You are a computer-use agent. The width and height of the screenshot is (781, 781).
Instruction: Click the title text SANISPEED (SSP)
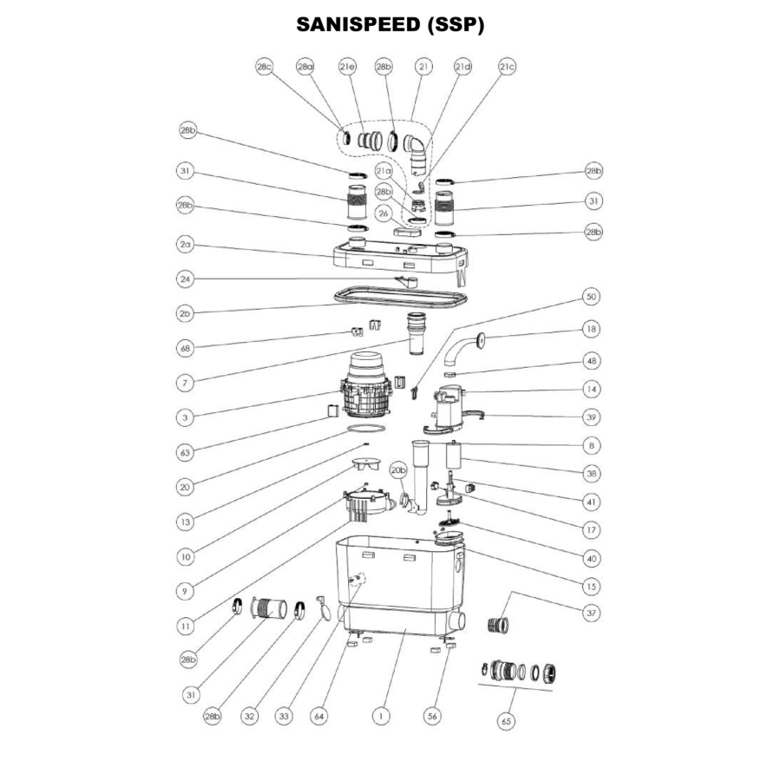pyautogui.click(x=390, y=24)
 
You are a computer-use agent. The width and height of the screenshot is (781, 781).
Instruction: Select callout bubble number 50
pyautogui.click(x=593, y=298)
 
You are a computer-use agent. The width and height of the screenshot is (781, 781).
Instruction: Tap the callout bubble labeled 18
pyautogui.click(x=593, y=330)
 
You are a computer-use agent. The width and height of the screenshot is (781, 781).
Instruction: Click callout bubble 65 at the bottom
pyautogui.click(x=505, y=719)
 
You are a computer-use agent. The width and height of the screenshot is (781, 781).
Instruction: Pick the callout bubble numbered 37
pyautogui.click(x=593, y=613)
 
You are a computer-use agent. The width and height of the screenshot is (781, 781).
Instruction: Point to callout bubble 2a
pyautogui.click(x=185, y=246)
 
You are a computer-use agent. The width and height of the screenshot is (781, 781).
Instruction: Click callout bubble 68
pyautogui.click(x=185, y=348)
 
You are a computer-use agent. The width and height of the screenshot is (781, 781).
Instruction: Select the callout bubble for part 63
pyautogui.click(x=185, y=451)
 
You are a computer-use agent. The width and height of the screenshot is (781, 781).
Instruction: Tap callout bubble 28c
pyautogui.click(x=265, y=66)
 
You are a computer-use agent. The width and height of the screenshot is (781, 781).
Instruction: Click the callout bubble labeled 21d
pyautogui.click(x=463, y=66)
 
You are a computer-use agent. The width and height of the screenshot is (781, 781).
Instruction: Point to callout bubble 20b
pyautogui.click(x=398, y=470)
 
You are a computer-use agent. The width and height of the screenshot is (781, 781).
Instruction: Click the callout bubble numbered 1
pyautogui.click(x=379, y=717)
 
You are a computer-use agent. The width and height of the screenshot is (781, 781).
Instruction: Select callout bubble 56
pyautogui.click(x=432, y=717)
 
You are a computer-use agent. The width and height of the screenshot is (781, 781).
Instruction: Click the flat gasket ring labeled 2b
pyautogui.click(x=399, y=296)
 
